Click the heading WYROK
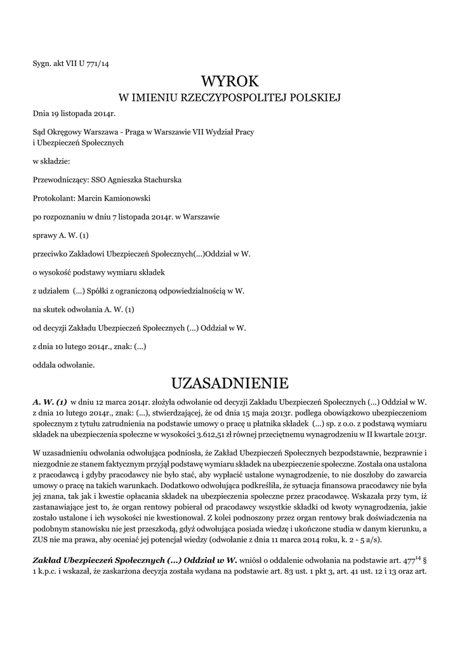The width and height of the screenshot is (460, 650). [230, 81]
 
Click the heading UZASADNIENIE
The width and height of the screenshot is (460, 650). [230, 383]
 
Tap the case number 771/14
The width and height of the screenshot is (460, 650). [96, 62]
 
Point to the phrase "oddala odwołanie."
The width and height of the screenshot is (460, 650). [64, 365]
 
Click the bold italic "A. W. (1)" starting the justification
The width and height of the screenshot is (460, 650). [50, 402]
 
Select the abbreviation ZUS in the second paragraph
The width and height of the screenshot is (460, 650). [41, 540]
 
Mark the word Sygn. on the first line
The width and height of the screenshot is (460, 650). [42, 62]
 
